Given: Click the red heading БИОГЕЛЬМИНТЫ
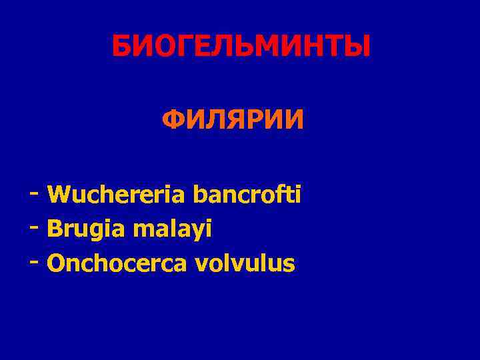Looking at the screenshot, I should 240,47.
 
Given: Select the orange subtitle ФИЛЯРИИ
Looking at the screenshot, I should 233,121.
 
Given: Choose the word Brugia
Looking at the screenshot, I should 87,229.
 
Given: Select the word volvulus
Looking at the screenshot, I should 245,263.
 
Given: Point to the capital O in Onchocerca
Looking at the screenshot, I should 55,263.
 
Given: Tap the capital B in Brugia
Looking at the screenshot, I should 53,229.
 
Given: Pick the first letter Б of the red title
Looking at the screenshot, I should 121,47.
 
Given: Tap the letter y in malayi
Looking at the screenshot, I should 199,231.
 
